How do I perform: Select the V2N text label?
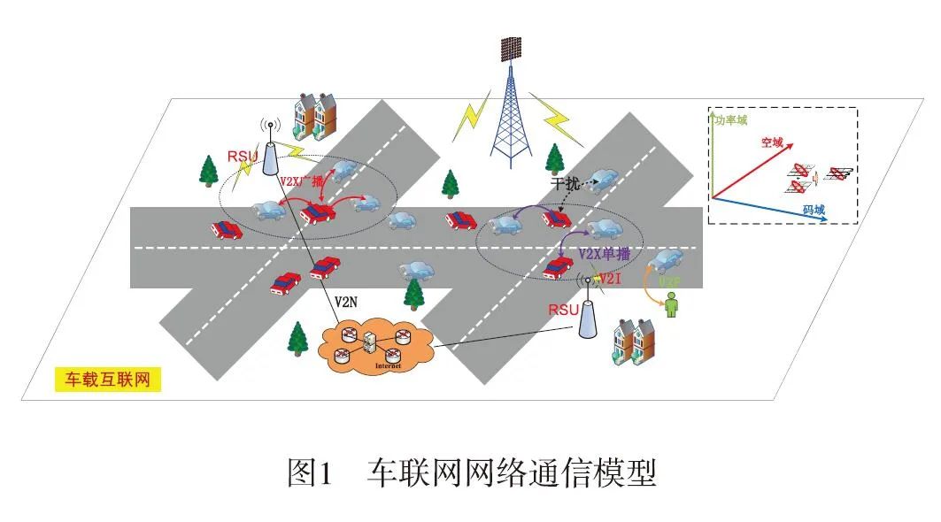346,302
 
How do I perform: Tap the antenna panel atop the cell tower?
512,49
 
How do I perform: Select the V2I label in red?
613,280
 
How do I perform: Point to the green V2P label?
670,281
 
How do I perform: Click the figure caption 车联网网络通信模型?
511,473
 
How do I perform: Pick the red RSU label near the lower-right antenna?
563,310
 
